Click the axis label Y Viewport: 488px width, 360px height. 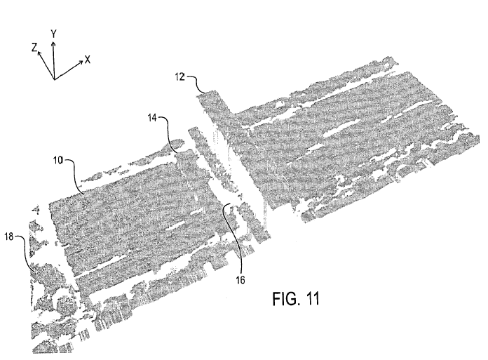pos(53,34)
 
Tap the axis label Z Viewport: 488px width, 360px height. pos(34,48)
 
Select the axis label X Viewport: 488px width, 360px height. pos(88,60)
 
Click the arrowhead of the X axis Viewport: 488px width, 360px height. pos(81,62)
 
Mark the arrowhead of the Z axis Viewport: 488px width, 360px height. pos(39,53)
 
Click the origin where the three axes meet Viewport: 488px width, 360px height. pos(55,79)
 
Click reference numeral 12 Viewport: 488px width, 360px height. pos(180,76)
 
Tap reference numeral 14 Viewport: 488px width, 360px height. pos(152,118)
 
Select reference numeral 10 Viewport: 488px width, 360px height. pos(58,161)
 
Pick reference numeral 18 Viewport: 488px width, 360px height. pos(9,236)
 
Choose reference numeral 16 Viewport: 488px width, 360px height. pos(240,280)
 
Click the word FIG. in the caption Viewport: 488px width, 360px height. pos(286,299)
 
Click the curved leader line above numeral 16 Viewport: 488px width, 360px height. pos(234,236)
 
